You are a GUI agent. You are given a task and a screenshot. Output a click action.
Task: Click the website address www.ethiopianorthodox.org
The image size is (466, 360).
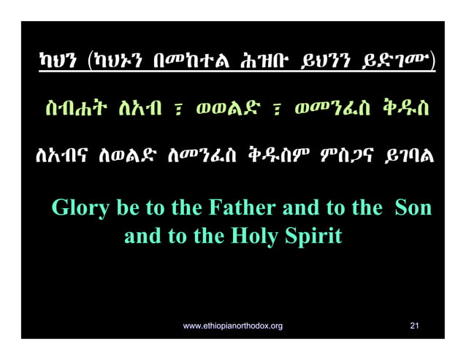232,325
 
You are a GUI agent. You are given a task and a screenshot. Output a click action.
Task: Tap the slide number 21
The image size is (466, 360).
414,325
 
